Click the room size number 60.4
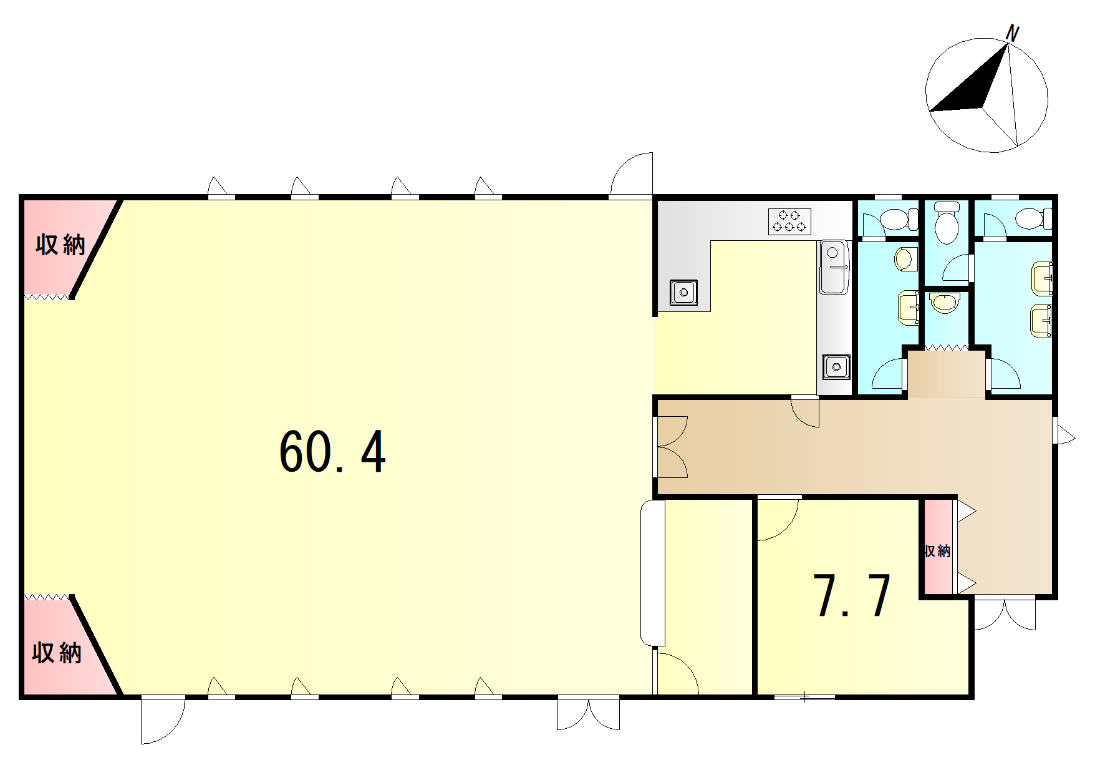pos(332,452)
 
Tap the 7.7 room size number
pos(852,596)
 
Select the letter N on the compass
pos(1013,34)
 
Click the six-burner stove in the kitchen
pos(789,222)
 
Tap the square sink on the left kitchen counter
pos(683,291)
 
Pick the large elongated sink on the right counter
pos(834,267)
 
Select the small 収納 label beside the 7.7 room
pos(937,551)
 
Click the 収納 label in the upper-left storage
pos(60,245)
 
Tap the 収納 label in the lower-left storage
pos(57,653)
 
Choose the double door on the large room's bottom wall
pos(589,713)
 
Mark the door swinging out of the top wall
pos(631,174)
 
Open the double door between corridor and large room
pos(671,447)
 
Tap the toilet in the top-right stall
pos(1033,219)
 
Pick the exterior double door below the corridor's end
pos(1005,614)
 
